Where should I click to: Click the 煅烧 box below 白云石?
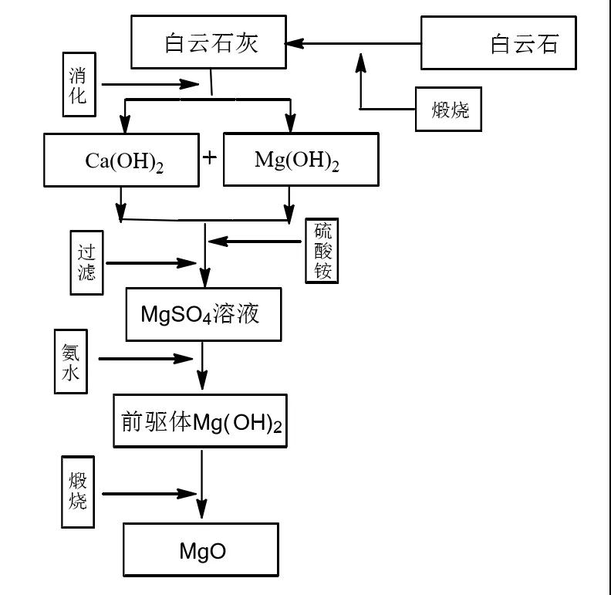448,110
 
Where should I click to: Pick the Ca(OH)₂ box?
122,160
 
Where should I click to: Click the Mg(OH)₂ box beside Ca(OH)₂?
300,160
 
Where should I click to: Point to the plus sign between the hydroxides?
210,157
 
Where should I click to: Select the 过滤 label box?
86,262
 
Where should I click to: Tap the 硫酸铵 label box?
322,252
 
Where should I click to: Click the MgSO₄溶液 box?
203,315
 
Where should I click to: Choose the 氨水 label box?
71,360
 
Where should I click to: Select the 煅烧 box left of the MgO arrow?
78,491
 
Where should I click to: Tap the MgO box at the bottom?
201,551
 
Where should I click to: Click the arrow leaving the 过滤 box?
150,263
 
